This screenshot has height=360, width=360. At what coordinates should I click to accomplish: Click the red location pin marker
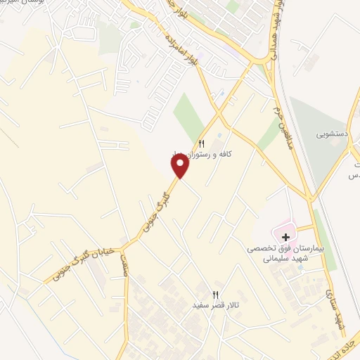click(180, 166)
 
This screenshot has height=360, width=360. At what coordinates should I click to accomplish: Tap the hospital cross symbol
click(285, 238)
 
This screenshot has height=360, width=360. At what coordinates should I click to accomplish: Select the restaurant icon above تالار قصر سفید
click(216, 295)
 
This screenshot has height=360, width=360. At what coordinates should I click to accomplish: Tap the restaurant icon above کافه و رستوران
click(202, 143)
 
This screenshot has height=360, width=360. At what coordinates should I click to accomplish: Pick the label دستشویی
click(332, 132)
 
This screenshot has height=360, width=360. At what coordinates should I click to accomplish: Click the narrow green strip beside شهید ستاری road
click(323, 229)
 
